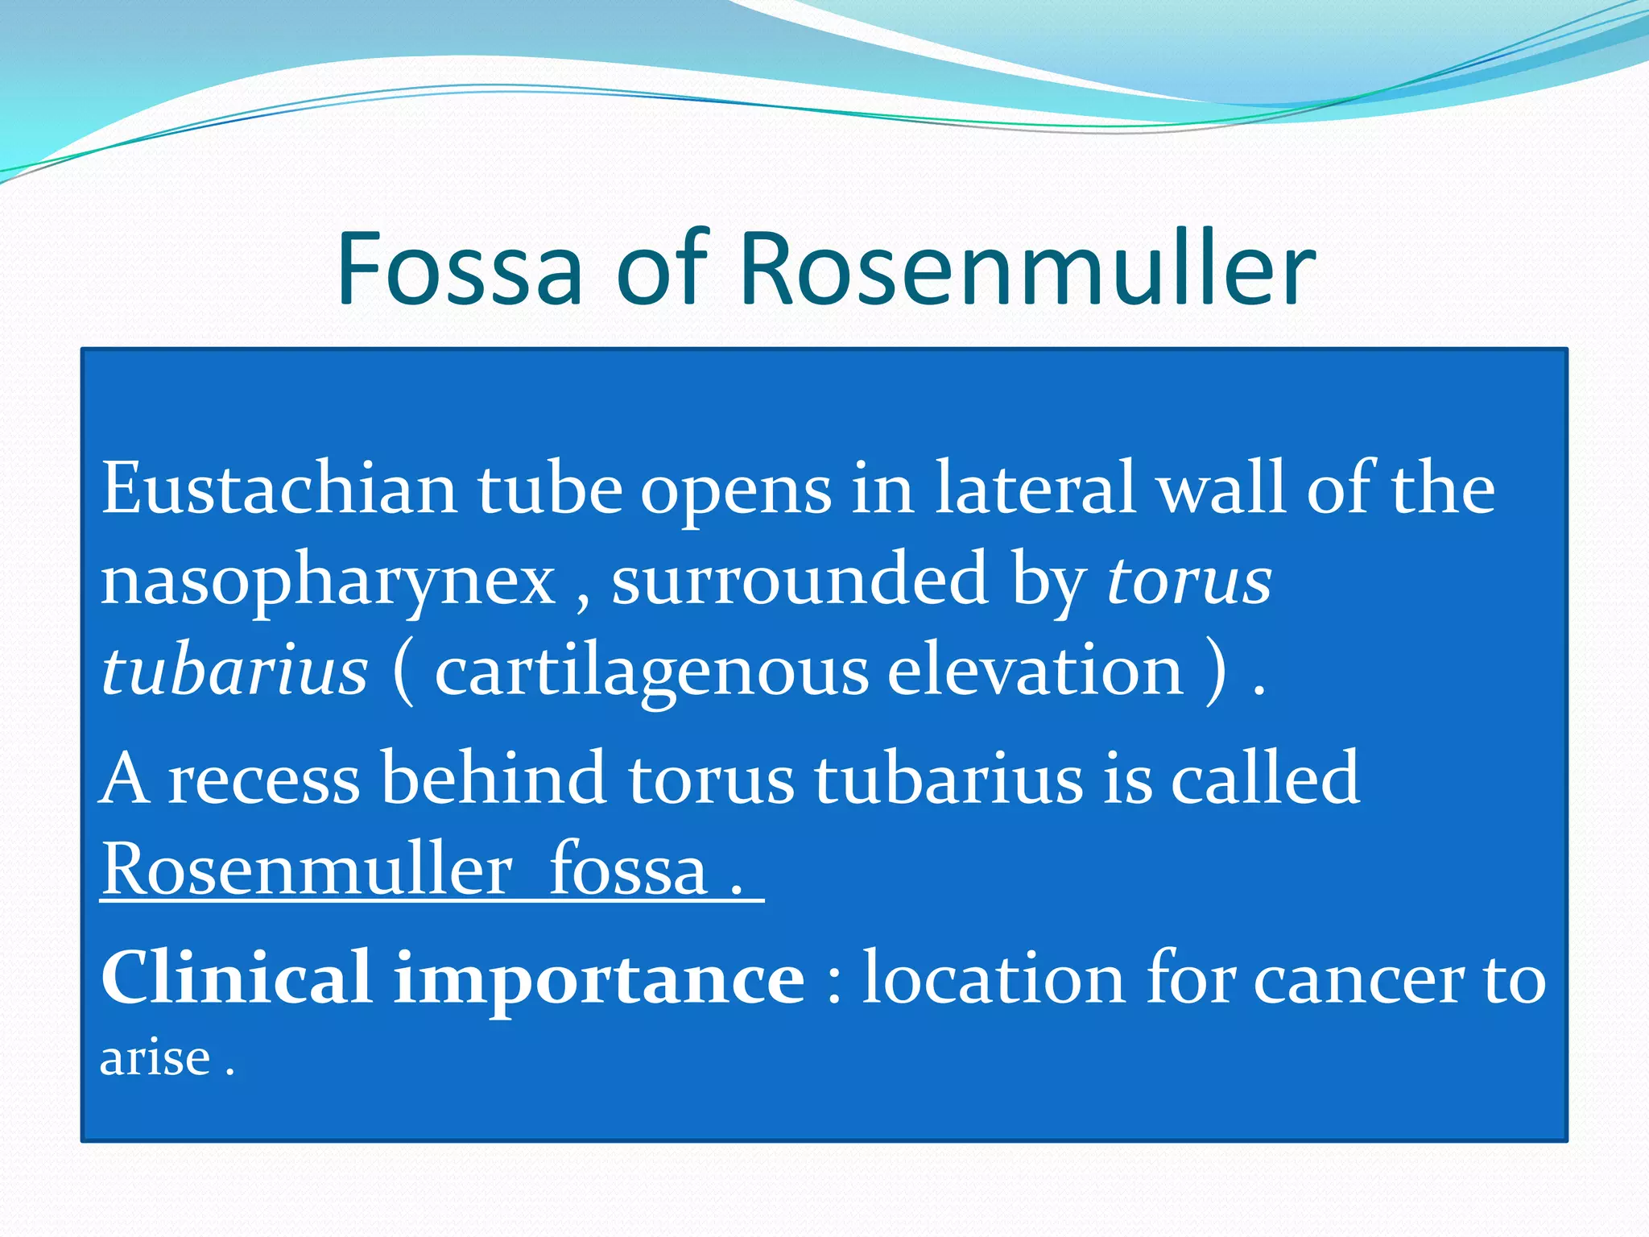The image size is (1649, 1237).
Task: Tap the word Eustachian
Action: click(279, 489)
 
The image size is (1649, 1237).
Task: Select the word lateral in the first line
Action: click(1035, 489)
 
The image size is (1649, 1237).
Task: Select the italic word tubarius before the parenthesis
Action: click(234, 671)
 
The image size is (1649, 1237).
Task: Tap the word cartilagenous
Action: click(651, 672)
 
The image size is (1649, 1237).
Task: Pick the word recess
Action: click(263, 780)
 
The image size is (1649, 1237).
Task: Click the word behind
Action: click(493, 778)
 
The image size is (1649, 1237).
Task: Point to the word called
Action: click(1264, 778)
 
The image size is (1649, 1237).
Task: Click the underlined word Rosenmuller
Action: click(307, 871)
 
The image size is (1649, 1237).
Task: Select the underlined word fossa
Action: click(627, 871)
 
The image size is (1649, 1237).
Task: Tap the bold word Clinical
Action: click(236, 978)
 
